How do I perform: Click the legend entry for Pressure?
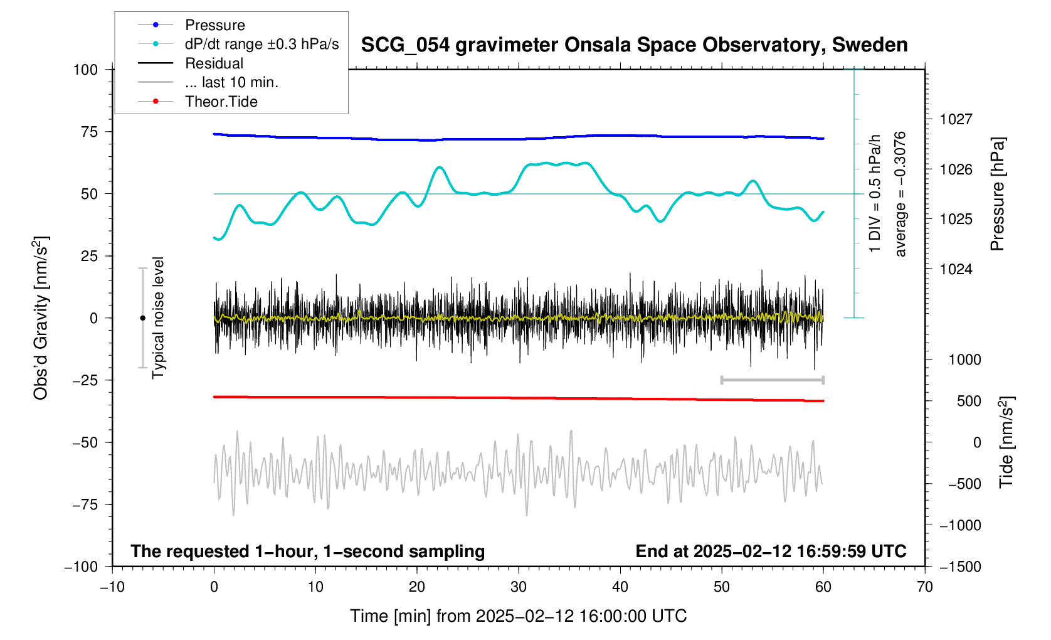[x=214, y=25]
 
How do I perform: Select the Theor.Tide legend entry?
[x=221, y=102]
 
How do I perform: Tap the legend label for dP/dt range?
[x=261, y=45]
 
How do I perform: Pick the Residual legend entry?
[x=214, y=63]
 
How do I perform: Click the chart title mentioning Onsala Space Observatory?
[x=634, y=45]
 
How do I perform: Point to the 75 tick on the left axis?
[x=85, y=132]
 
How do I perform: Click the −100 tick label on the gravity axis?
[x=81, y=567]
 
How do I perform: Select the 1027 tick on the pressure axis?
[x=956, y=119]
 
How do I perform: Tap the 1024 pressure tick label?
[x=956, y=269]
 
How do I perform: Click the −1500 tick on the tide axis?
[x=959, y=567]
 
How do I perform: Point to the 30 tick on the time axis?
[x=519, y=587]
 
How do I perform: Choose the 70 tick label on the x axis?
[x=925, y=587]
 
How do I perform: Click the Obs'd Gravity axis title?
[x=41, y=318]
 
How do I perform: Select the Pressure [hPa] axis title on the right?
[x=997, y=195]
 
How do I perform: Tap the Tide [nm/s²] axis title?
[x=1006, y=442]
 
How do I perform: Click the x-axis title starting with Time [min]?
[x=518, y=616]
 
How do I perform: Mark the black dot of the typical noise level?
[x=142, y=318]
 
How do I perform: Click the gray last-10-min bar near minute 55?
[x=773, y=380]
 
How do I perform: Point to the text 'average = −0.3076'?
[x=900, y=195]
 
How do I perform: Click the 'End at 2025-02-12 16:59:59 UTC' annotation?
[x=771, y=552]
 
